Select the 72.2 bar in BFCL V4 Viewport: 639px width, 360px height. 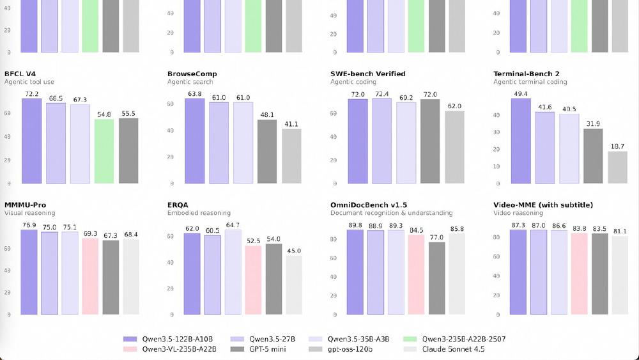31,141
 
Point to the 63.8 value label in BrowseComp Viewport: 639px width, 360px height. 194,93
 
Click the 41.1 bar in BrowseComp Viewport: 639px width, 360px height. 291,156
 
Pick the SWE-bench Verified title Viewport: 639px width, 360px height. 367,74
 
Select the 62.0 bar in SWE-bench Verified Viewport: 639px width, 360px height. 454,147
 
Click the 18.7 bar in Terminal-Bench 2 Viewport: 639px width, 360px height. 617,167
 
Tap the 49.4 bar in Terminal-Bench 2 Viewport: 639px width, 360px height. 521,141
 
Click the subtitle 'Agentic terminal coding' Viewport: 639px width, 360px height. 530,82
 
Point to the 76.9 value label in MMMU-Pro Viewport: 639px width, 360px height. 29,225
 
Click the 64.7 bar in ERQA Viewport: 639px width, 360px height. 233,272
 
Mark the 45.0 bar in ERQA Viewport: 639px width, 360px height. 293,285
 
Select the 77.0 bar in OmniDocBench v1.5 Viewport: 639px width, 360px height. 437,278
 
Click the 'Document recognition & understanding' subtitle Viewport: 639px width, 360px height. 391,213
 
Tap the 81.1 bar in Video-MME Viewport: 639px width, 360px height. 619,276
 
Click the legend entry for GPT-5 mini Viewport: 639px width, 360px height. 263,349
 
